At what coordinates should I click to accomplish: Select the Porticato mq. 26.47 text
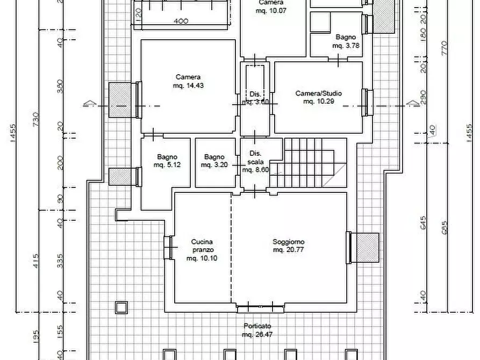click(257, 330)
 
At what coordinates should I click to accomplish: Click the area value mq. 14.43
click(188, 85)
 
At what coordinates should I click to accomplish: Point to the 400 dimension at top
click(181, 21)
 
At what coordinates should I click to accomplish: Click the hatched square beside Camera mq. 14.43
click(119, 100)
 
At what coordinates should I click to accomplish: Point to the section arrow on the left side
click(89, 103)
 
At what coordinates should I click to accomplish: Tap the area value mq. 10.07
click(270, 10)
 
